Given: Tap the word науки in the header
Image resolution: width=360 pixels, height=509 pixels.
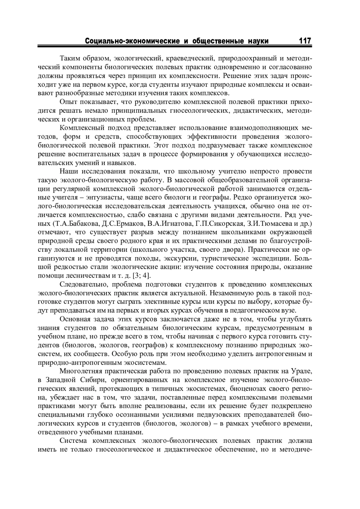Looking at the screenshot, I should coord(258,41).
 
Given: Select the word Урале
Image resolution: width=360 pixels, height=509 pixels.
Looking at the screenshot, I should coord(301,371).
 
